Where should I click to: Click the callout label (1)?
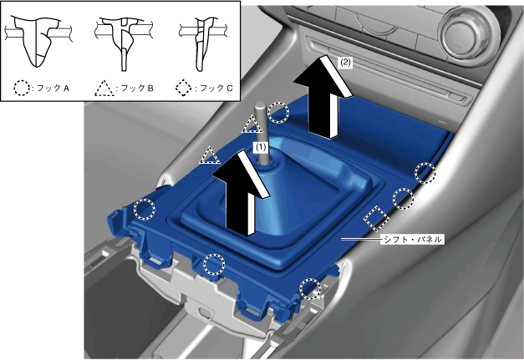[261, 147]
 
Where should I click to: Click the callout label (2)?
[345, 63]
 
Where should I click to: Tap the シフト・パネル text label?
[412, 239]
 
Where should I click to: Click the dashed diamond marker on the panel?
[377, 218]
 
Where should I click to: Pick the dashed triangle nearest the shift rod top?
[252, 124]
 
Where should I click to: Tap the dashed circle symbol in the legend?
[22, 88]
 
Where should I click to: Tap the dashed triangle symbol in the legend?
[104, 89]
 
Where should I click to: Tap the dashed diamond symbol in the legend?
[184, 88]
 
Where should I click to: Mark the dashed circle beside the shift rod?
[278, 113]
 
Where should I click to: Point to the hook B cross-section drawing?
[124, 43]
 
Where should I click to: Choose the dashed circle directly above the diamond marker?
[403, 199]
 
